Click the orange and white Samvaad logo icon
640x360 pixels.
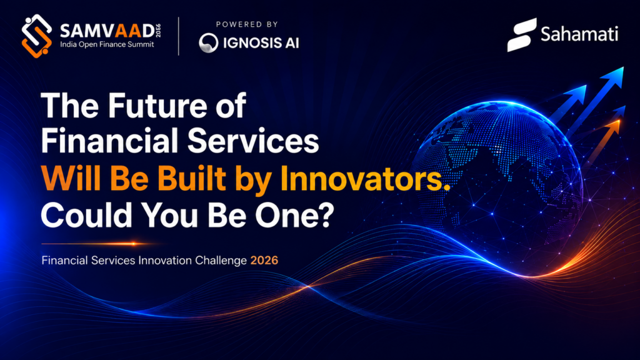click(37, 36)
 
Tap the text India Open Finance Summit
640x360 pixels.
click(107, 44)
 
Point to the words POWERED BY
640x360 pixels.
click(247, 24)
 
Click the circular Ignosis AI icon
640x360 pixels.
click(209, 43)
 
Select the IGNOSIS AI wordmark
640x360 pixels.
click(261, 43)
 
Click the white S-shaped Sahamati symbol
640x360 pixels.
click(522, 35)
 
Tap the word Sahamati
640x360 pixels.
click(579, 34)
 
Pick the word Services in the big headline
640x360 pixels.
click(253, 141)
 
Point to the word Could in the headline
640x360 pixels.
click(86, 215)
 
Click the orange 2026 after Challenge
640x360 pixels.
click(264, 261)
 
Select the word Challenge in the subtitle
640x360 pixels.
click(221, 261)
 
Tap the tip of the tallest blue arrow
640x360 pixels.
click(623, 67)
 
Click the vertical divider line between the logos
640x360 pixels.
click(179, 36)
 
